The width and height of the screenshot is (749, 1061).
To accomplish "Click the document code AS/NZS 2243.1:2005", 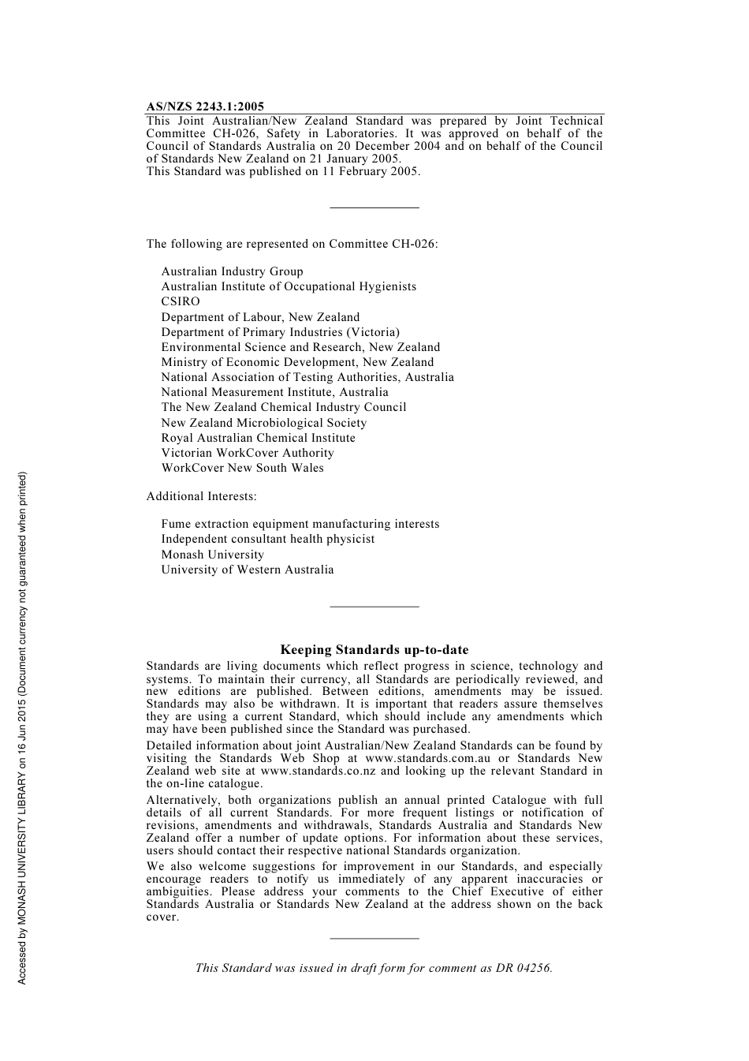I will [x=205, y=106].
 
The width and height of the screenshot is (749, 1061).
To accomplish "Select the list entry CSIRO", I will [x=181, y=301].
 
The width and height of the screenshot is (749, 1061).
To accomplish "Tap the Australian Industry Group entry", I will [x=232, y=271].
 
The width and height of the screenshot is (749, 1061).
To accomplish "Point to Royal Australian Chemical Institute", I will [x=258, y=438].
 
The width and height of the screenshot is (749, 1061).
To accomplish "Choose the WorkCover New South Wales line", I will [x=242, y=468].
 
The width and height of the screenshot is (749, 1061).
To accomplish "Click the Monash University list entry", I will [x=212, y=555].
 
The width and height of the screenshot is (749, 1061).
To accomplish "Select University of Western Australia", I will [x=247, y=570].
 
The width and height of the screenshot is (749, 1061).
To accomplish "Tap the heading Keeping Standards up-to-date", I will [x=374, y=650].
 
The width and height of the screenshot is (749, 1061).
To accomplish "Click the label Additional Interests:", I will [x=201, y=496].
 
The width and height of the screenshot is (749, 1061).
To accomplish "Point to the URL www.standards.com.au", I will [x=427, y=758].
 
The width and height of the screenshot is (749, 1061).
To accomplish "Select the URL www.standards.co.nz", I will [x=318, y=771].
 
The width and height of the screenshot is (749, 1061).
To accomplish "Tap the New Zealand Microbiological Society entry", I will [x=263, y=423].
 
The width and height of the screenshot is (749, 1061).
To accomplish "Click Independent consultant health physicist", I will [x=267, y=539].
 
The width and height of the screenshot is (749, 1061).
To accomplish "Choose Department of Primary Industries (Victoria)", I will [x=280, y=332].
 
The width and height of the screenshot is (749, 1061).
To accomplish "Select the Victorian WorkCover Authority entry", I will [x=248, y=453].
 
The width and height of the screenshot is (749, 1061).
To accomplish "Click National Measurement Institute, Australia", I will [x=274, y=392].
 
